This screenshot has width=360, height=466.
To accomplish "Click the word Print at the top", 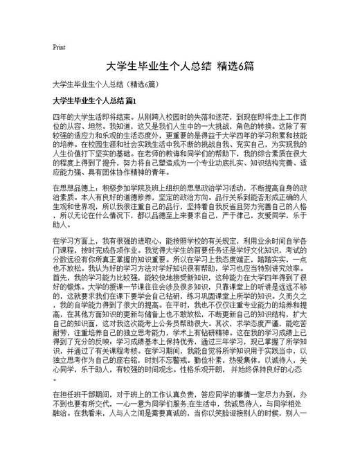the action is pos(59,48).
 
